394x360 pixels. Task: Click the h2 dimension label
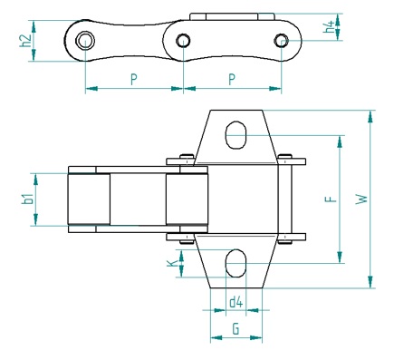click(25, 41)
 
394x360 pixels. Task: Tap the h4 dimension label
click(329, 26)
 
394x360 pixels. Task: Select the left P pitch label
click(134, 79)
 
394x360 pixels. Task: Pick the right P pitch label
click(232, 79)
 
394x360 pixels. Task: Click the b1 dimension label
click(27, 199)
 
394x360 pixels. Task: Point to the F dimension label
click(331, 199)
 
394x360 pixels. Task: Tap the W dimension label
click(361, 199)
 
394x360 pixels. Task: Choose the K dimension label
click(172, 263)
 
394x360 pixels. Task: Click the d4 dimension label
click(236, 302)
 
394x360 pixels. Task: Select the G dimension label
click(236, 329)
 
